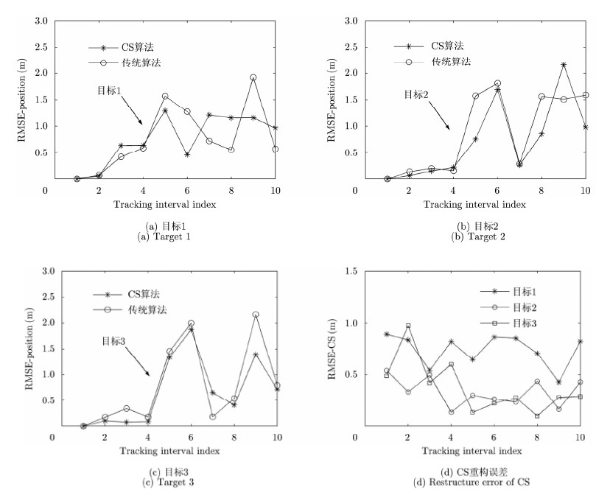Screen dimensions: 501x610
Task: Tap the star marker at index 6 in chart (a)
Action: click(x=188, y=155)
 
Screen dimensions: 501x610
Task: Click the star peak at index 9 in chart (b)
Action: click(x=564, y=65)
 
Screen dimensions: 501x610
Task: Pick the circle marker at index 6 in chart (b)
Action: click(x=497, y=83)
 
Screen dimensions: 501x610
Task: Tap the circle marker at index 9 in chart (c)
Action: click(x=256, y=315)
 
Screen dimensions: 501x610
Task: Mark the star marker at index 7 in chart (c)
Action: click(x=212, y=393)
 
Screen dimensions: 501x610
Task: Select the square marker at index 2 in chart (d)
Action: click(x=407, y=326)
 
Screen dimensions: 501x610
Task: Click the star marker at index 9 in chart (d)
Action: click(x=558, y=382)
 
